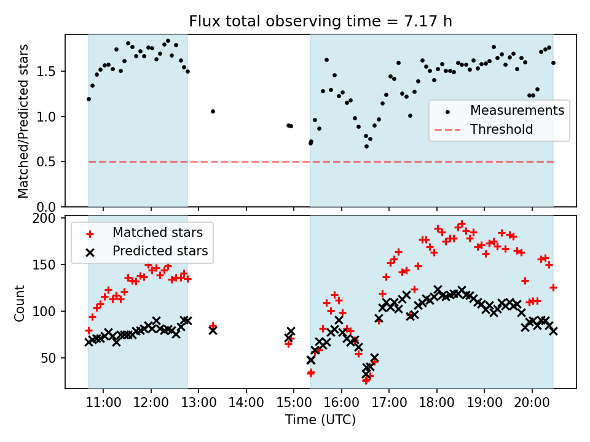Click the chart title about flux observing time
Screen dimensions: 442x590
click(320, 22)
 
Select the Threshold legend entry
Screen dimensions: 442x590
click(501, 130)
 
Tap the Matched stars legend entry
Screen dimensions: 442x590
click(162, 233)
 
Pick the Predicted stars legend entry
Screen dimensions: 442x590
click(160, 251)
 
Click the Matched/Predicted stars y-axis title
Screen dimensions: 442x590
click(23, 121)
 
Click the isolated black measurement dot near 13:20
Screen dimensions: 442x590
click(213, 111)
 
